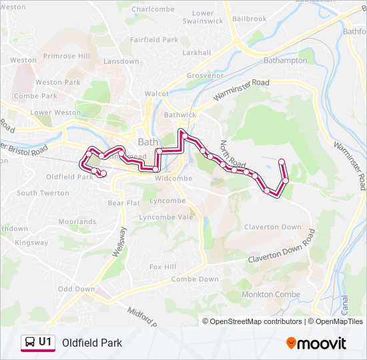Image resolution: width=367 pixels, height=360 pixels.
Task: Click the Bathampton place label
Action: tap(285, 60)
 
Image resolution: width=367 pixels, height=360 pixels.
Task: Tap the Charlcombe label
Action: tap(153, 9)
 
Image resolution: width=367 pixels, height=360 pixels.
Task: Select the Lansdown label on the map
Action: tap(121, 61)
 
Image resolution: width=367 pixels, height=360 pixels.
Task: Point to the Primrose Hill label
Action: tap(66, 56)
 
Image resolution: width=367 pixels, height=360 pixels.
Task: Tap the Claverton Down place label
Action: tap(272, 227)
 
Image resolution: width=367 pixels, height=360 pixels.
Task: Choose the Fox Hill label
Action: tap(163, 267)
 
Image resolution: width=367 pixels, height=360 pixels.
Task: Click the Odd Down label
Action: tap(76, 289)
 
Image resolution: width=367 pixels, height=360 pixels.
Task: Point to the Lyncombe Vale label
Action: tap(166, 217)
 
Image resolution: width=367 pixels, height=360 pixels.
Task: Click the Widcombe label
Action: tap(173, 179)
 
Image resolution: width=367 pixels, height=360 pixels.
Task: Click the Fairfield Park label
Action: tap(154, 40)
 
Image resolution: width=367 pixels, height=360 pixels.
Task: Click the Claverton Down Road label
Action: tap(281, 250)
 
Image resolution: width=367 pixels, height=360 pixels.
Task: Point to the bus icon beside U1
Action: tap(30, 343)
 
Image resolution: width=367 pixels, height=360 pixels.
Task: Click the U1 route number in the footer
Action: tap(45, 342)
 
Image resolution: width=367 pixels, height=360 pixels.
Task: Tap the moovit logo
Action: tap(316, 343)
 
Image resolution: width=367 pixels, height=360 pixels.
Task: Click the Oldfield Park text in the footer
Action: tap(92, 343)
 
